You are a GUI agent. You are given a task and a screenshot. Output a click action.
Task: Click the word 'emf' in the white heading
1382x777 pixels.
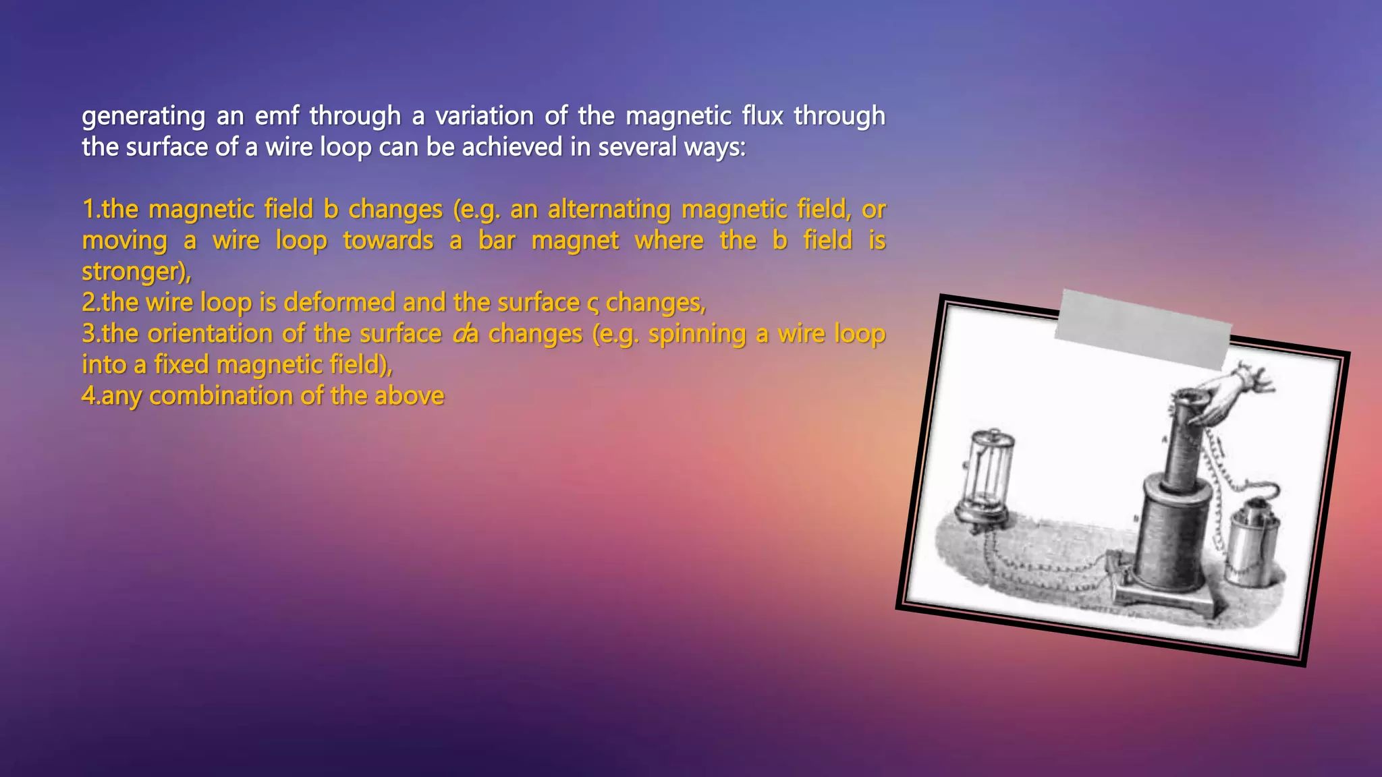(x=277, y=116)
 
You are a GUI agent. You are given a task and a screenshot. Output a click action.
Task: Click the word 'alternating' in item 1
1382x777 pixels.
(x=609, y=209)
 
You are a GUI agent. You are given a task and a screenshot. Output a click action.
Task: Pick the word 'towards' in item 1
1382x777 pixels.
(x=388, y=240)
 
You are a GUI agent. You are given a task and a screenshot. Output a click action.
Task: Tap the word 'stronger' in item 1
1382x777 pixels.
(x=134, y=271)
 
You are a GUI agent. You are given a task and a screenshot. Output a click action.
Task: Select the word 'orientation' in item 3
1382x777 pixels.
(x=210, y=333)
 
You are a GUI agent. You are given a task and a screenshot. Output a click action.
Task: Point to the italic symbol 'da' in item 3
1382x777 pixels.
(x=465, y=333)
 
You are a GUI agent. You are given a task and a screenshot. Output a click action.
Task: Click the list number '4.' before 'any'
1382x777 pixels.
(x=90, y=395)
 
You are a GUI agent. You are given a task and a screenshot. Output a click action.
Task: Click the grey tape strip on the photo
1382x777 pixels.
(x=1143, y=328)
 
